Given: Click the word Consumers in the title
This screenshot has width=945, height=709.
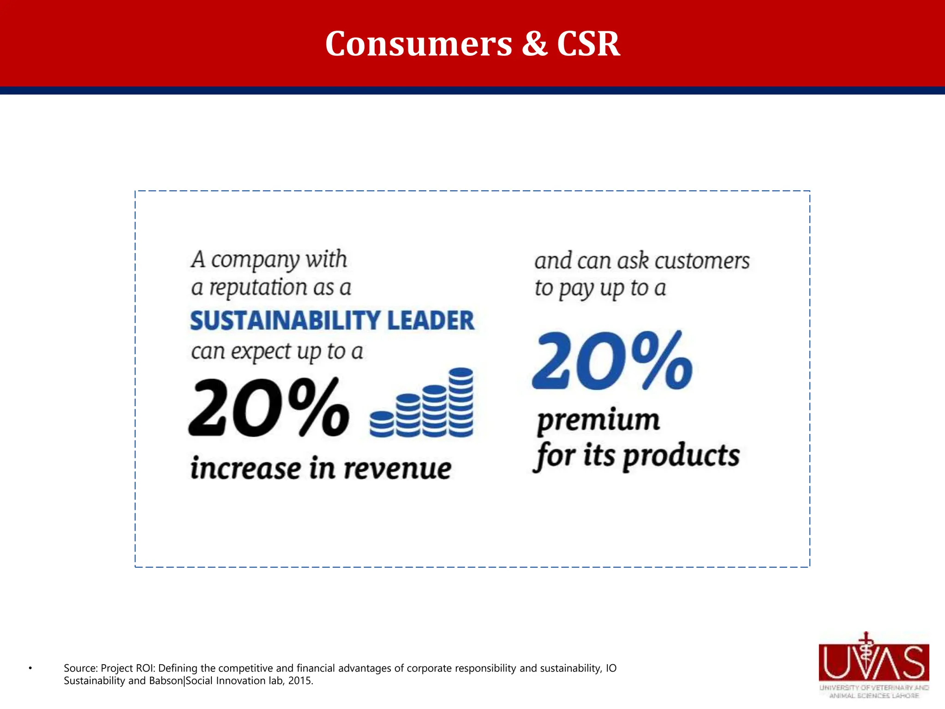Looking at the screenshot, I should [419, 44].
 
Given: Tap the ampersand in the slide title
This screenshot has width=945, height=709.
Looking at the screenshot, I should [535, 44].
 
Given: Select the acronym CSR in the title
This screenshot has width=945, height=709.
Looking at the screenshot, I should [588, 44].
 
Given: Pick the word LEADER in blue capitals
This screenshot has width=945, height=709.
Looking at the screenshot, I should [431, 321].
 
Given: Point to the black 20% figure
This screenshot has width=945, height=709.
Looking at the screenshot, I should [269, 408].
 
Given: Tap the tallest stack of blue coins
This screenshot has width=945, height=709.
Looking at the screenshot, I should [461, 402].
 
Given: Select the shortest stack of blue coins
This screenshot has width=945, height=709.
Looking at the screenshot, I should [382, 424].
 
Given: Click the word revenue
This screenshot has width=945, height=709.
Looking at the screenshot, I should [397, 469].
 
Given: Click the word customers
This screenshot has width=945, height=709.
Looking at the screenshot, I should [702, 261].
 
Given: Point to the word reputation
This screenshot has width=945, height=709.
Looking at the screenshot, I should [258, 288].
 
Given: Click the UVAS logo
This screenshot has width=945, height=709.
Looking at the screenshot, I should [873, 665].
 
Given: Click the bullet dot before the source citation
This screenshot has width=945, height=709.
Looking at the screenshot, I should [30, 668].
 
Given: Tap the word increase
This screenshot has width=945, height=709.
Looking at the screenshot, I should [245, 469].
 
